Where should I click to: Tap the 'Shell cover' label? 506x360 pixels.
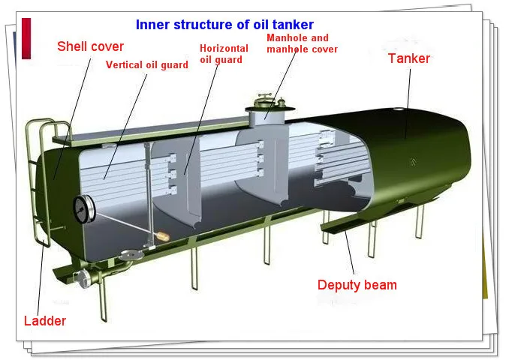click(91, 46)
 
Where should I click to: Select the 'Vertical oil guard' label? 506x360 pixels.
click(146, 64)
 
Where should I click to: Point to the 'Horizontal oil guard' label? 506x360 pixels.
click(224, 55)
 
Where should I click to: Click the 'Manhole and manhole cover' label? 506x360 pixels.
click(297, 43)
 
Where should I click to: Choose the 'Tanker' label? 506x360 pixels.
click(410, 58)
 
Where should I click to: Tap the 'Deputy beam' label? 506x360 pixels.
click(357, 284)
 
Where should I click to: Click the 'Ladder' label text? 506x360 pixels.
click(45, 321)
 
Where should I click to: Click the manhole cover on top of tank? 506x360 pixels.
click(267, 100)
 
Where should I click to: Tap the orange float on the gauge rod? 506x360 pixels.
click(161, 238)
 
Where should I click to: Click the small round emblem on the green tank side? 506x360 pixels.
click(411, 162)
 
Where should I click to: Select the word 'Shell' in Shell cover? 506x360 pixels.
click(74, 46)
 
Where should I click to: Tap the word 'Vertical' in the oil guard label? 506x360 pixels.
click(125, 64)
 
